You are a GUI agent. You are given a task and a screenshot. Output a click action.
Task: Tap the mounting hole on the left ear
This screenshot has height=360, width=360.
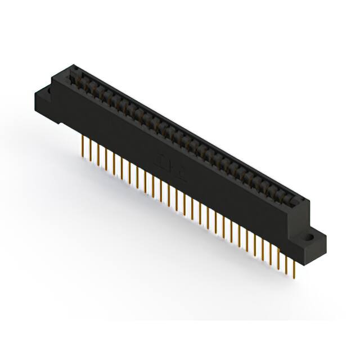point(48,89)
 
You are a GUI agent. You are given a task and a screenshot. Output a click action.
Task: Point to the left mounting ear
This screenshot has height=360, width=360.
point(47,96)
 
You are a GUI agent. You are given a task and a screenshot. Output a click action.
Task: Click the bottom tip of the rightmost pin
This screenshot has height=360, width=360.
point(294,276)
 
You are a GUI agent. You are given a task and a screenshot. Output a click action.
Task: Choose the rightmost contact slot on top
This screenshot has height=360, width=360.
point(290,201)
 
